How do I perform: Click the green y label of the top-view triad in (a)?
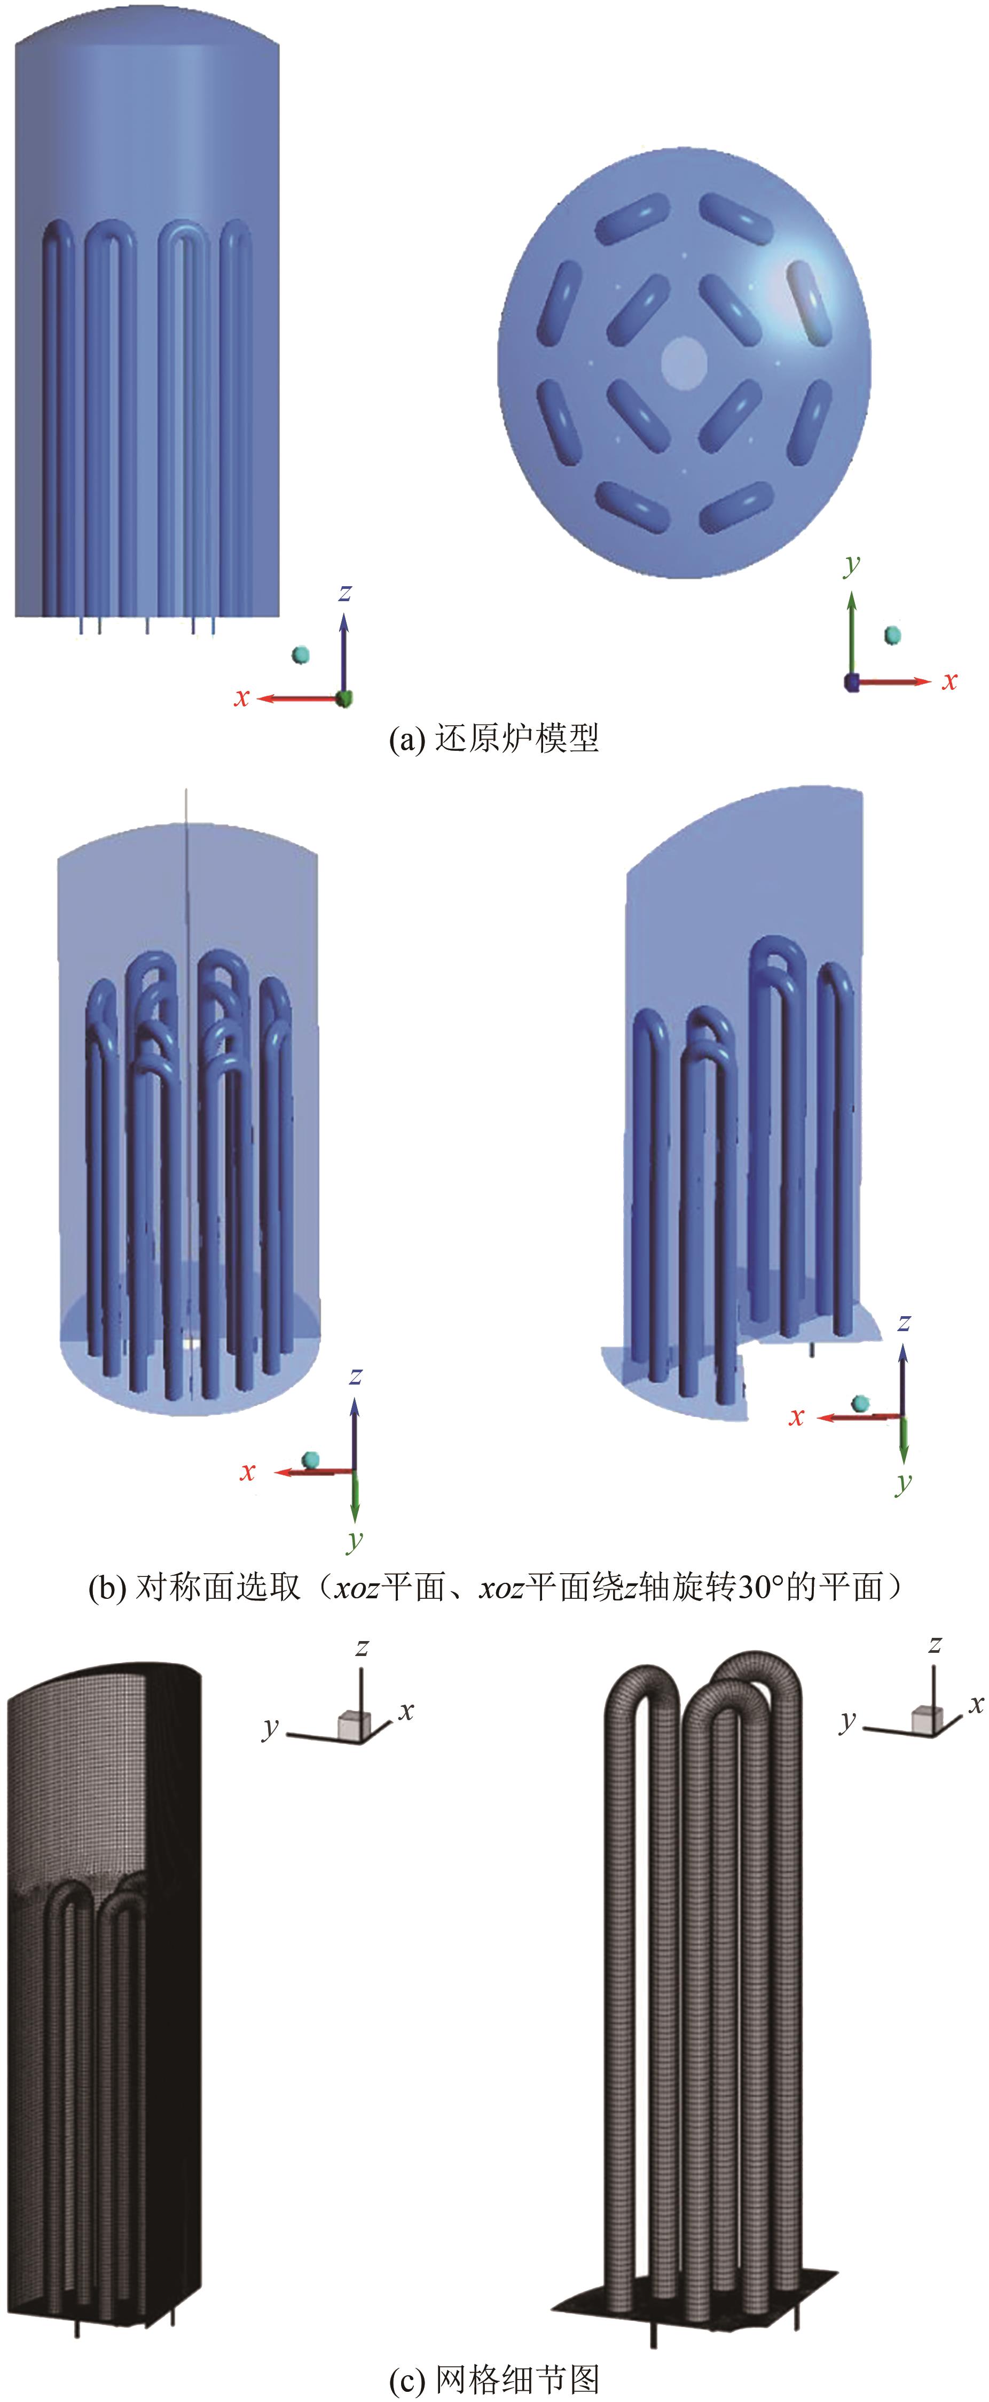click(851, 564)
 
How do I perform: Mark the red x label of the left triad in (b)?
click(247, 1472)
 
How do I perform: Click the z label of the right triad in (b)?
click(902, 1322)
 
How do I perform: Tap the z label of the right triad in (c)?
click(934, 1644)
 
